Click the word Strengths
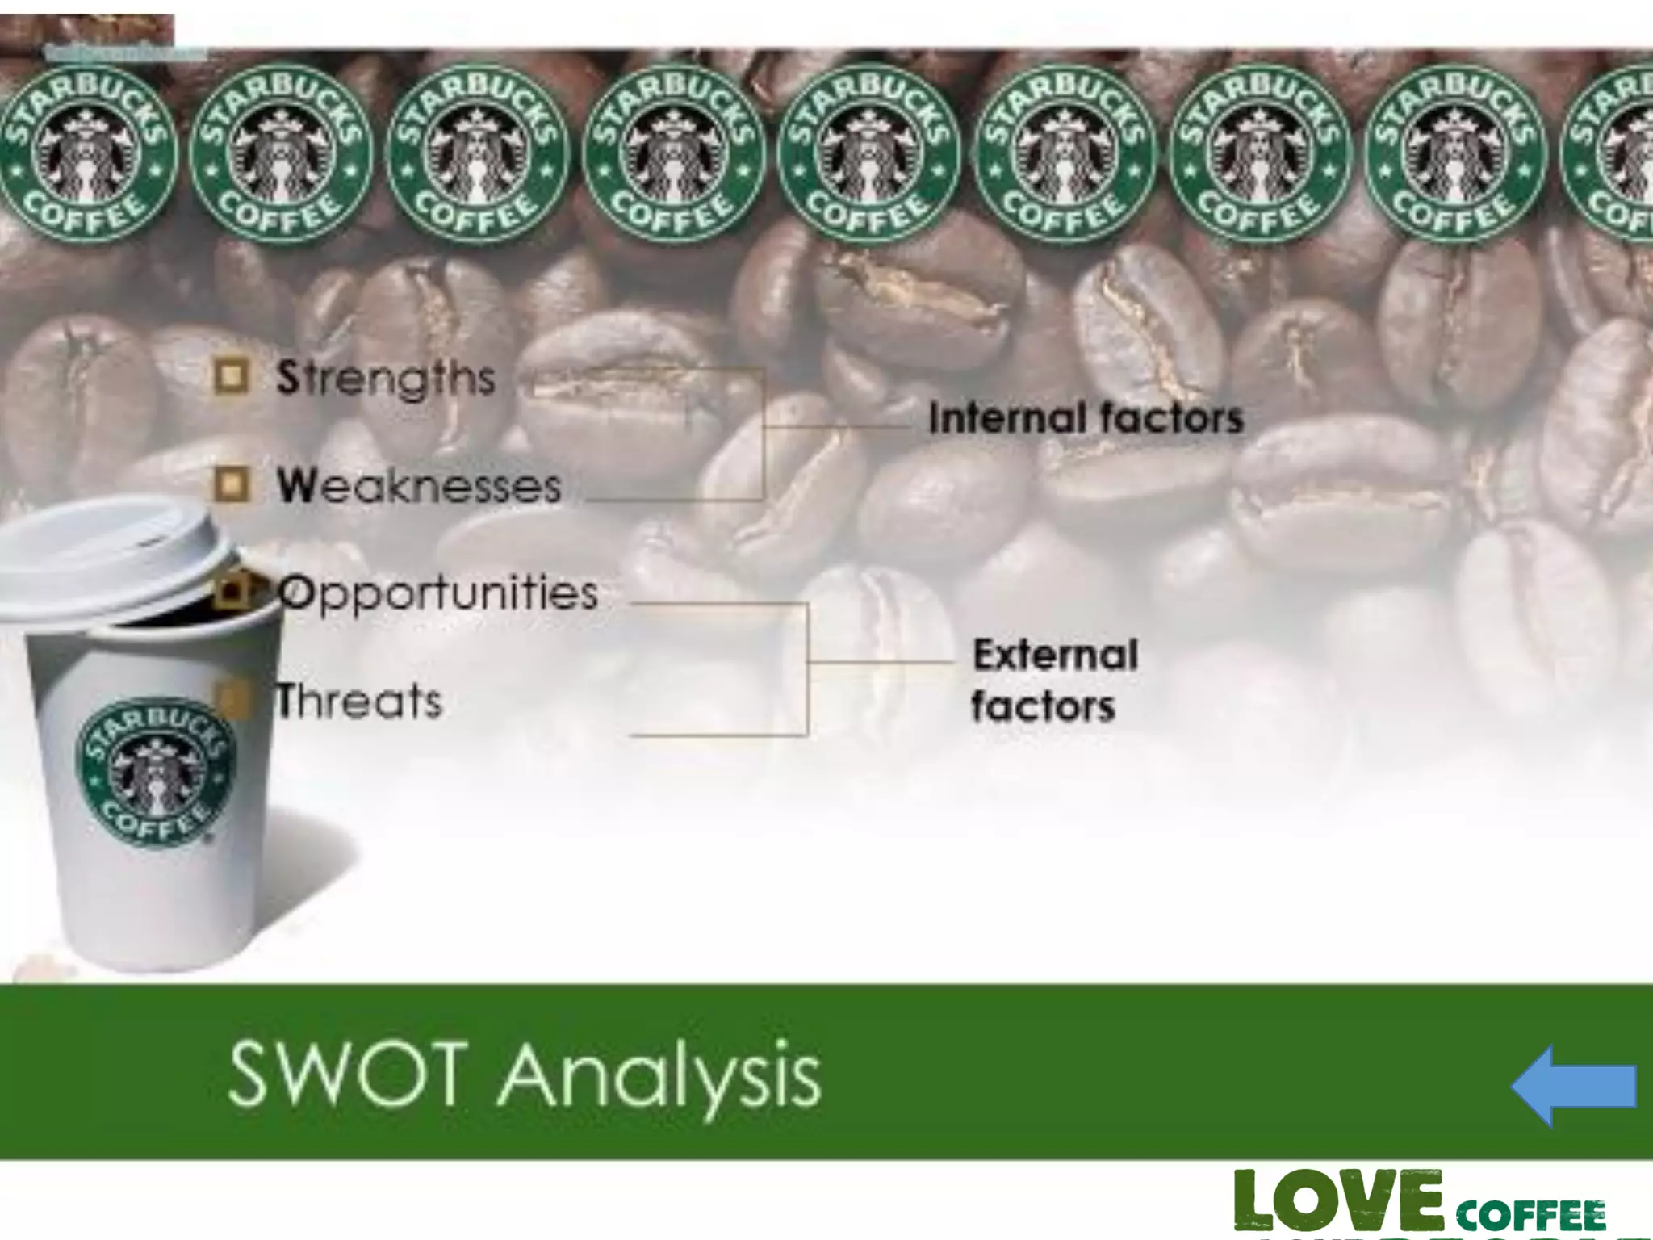[x=385, y=379]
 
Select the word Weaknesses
[x=418, y=486]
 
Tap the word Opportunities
[x=437, y=594]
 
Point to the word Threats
[x=359, y=701]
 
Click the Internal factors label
[x=1086, y=418]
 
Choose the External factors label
[x=1054, y=680]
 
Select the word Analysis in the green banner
[x=659, y=1079]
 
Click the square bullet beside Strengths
[x=232, y=377]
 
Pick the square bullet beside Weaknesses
[x=232, y=485]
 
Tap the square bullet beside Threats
[x=232, y=699]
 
